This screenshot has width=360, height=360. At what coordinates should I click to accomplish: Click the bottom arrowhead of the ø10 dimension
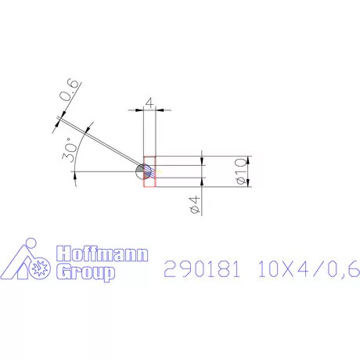tap(249, 184)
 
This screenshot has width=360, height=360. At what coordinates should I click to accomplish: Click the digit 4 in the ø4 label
tap(196, 203)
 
